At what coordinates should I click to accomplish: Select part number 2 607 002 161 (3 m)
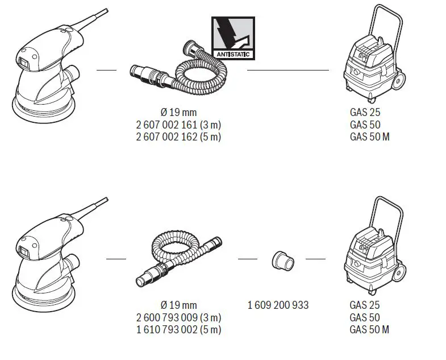179,125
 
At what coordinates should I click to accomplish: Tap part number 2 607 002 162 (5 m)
179,136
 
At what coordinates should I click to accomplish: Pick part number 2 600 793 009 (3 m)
179,317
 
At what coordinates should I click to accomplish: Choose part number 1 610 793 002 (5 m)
179,329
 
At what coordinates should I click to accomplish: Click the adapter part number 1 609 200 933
278,305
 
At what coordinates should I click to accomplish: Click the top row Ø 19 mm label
178,113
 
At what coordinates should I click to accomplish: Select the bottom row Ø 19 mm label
178,305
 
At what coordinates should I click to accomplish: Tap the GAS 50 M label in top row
369,136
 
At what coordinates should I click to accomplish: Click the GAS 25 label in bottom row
365,305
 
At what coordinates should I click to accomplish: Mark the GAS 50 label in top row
365,125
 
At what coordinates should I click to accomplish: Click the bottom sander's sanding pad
43,299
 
